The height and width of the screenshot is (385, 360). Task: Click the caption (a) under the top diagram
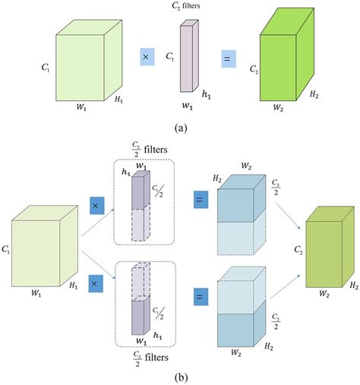click(x=179, y=128)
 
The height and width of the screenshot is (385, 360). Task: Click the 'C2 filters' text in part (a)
click(x=187, y=9)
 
